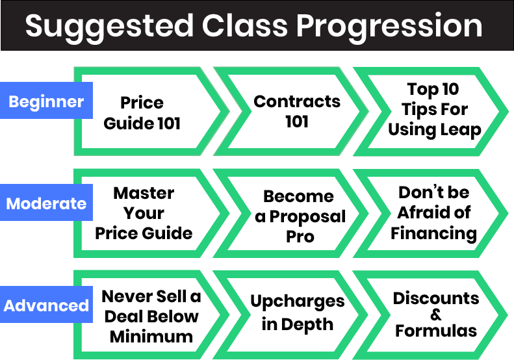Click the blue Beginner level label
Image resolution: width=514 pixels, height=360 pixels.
click(46, 100)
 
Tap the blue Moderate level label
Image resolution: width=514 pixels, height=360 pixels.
click(46, 202)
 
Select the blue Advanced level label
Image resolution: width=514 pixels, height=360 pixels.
click(46, 304)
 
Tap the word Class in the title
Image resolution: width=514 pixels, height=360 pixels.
click(245, 25)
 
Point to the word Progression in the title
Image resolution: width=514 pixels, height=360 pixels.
click(389, 27)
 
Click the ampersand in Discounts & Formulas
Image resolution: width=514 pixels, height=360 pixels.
click(435, 315)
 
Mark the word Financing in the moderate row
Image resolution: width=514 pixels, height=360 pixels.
click(433, 234)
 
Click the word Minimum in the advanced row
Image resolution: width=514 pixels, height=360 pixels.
click(151, 337)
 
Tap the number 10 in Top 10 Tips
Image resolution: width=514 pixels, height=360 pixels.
click(450, 89)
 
